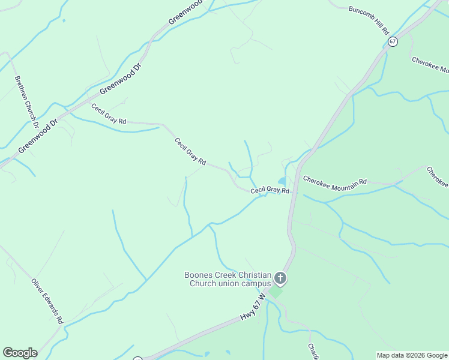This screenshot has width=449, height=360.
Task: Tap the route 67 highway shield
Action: pyautogui.click(x=393, y=41)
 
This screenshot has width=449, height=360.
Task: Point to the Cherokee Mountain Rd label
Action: pyautogui.click(x=335, y=180)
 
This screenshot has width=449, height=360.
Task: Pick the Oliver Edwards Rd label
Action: pyautogui.click(x=47, y=301)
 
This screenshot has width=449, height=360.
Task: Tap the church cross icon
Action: pyautogui.click(x=280, y=278)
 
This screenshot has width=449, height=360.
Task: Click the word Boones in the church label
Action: pyautogui.click(x=199, y=275)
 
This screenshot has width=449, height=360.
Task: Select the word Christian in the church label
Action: pyautogui.click(x=247, y=275)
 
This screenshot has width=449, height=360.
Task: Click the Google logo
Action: pyautogui.click(x=20, y=353)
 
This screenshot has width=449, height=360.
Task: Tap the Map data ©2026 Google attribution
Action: pyautogui.click(x=412, y=355)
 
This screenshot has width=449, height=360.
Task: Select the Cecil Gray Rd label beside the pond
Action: pyautogui.click(x=270, y=190)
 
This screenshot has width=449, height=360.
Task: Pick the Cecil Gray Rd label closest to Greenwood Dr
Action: pyautogui.click(x=109, y=114)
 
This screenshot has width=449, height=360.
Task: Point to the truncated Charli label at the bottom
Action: pyautogui.click(x=313, y=352)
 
